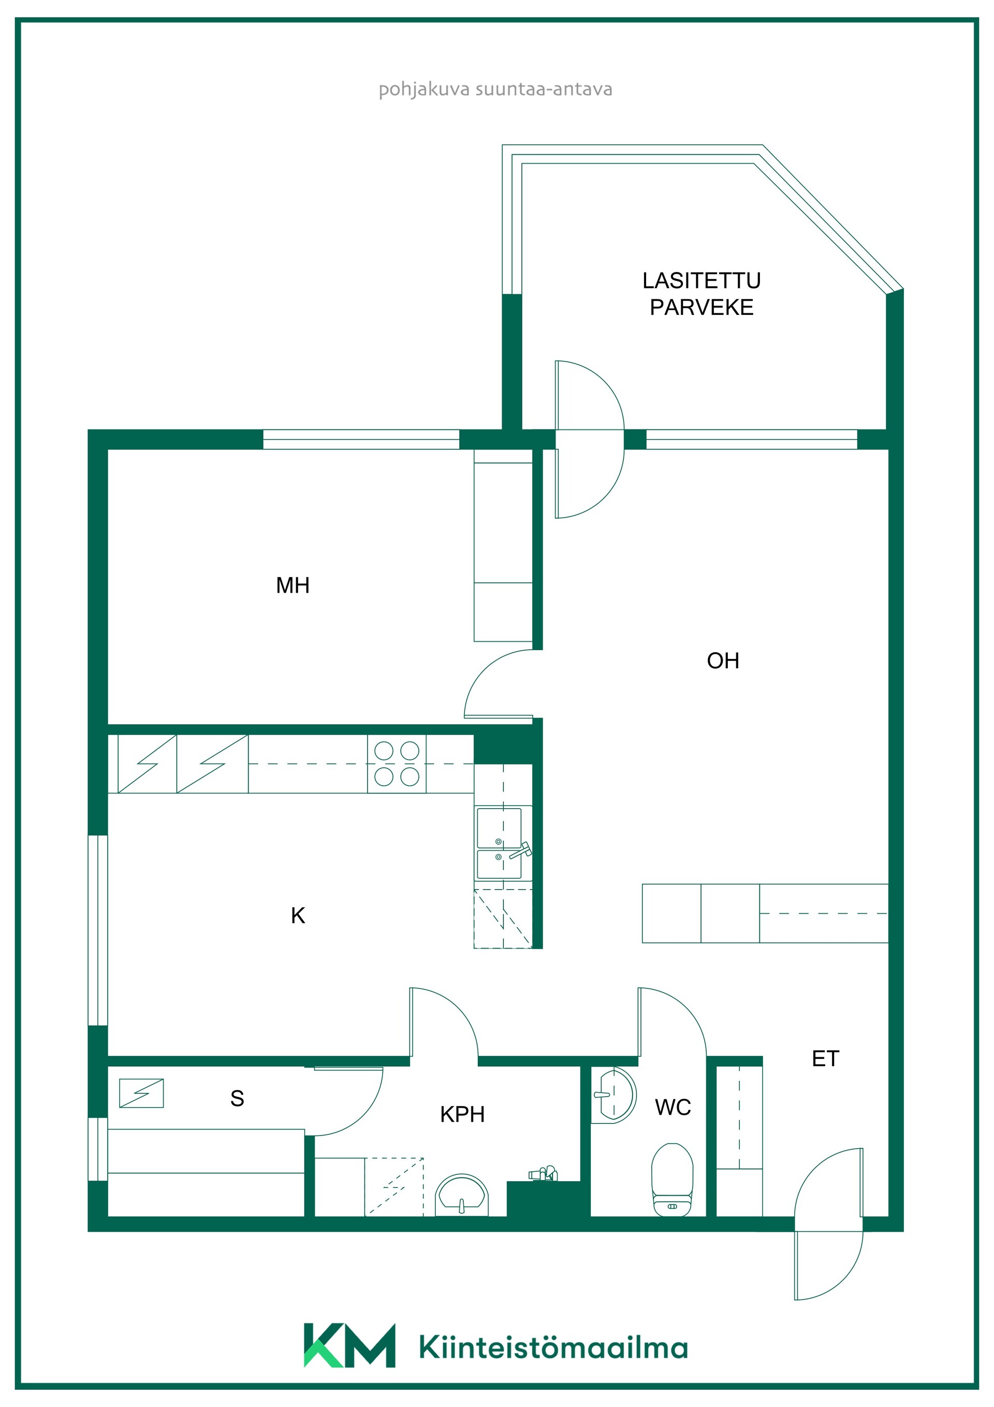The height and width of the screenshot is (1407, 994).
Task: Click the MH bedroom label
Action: tap(292, 585)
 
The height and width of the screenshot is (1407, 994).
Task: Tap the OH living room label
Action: tap(723, 661)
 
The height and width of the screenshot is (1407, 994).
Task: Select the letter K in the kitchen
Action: tap(298, 915)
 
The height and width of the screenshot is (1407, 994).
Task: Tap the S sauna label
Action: tap(237, 1098)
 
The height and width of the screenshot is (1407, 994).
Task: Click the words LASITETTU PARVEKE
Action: tap(701, 294)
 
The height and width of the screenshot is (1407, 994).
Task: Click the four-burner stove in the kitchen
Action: tap(397, 764)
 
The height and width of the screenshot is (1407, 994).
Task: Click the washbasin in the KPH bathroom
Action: tap(462, 1196)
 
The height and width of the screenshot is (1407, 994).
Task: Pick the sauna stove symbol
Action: tap(141, 1093)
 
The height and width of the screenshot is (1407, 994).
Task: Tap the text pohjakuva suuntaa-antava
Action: tap(495, 90)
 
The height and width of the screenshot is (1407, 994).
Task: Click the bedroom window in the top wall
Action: tap(361, 439)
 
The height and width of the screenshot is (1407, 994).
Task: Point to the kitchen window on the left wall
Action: tap(98, 930)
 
